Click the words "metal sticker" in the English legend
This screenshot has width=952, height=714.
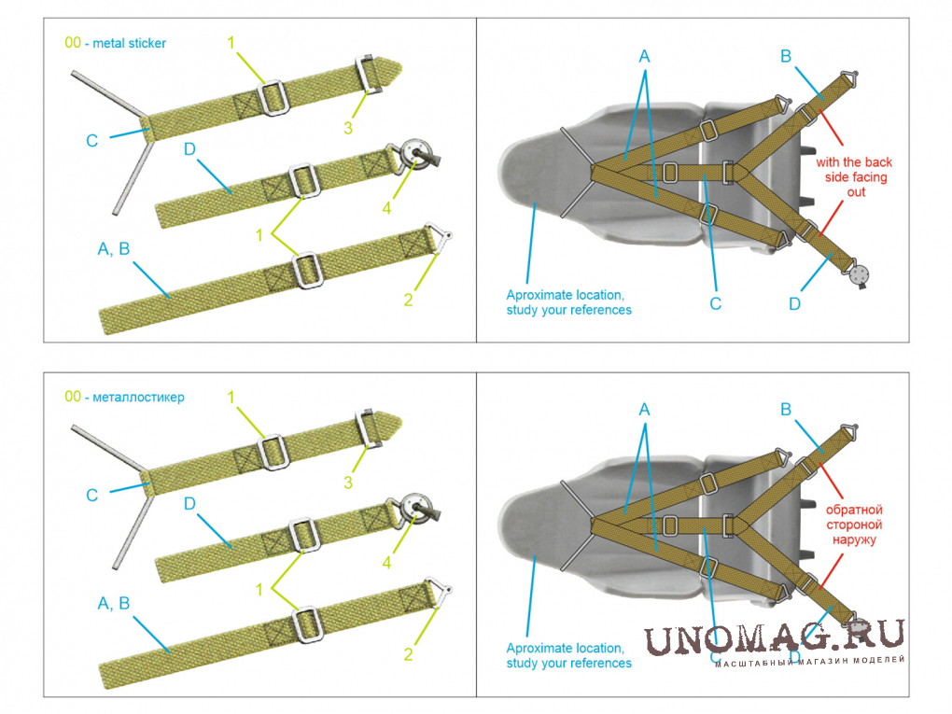pyautogui.click(x=130, y=43)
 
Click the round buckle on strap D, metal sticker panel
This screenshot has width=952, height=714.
pyautogui.click(x=416, y=156)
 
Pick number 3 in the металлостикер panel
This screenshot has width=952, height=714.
pyautogui.click(x=348, y=483)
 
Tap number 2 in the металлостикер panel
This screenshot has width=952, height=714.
pyautogui.click(x=408, y=654)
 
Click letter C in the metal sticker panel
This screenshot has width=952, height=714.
pyautogui.click(x=91, y=141)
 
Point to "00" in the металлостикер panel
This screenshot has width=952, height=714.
pyautogui.click(x=73, y=397)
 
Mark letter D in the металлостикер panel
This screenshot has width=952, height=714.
pyautogui.click(x=189, y=504)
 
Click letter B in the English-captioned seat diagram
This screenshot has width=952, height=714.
pyautogui.click(x=786, y=56)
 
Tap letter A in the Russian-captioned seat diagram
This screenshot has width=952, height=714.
pyautogui.click(x=644, y=410)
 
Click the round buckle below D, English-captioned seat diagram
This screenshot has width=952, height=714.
pyautogui.click(x=860, y=273)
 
